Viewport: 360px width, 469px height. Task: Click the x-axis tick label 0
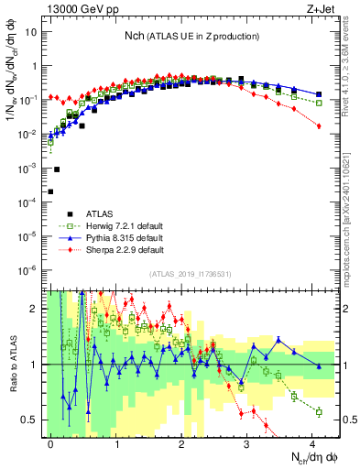[51, 442]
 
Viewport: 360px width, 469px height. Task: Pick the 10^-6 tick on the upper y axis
[31, 269]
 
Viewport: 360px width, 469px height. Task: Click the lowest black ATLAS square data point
[50, 191]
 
